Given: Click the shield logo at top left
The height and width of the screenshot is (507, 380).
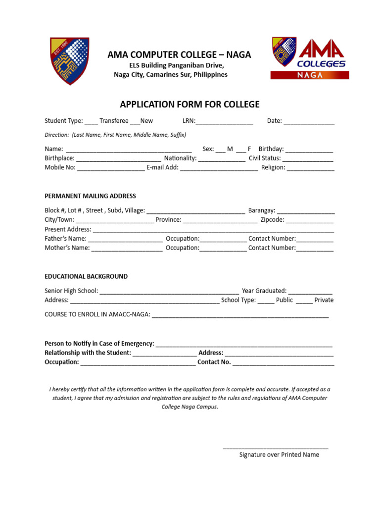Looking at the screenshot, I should (x=69, y=60).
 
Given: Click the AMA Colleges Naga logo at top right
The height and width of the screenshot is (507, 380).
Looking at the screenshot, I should (x=310, y=58).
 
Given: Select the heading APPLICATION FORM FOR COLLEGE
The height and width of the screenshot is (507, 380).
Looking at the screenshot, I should (x=190, y=104).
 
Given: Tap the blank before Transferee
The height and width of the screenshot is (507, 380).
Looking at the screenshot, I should (x=91, y=121).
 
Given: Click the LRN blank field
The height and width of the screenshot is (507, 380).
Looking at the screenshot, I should (x=225, y=121).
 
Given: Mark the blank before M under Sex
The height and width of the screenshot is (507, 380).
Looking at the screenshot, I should (x=220, y=149).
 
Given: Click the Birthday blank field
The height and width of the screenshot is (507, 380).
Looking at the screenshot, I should (x=309, y=149).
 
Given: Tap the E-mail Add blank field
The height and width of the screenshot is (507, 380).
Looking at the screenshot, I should (x=219, y=168).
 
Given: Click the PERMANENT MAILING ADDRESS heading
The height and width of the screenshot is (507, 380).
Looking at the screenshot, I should (x=90, y=196).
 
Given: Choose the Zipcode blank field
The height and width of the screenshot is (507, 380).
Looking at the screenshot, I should (x=309, y=220).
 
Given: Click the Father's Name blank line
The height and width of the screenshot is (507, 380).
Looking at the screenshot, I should (x=125, y=239).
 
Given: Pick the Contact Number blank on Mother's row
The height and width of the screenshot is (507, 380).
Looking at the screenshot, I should (x=315, y=249).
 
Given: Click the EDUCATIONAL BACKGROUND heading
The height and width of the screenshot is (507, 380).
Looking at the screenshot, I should (x=86, y=276).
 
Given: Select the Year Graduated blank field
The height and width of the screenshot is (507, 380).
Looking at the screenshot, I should (x=310, y=291).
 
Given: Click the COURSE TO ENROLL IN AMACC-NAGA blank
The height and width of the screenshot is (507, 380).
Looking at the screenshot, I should (x=240, y=315).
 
